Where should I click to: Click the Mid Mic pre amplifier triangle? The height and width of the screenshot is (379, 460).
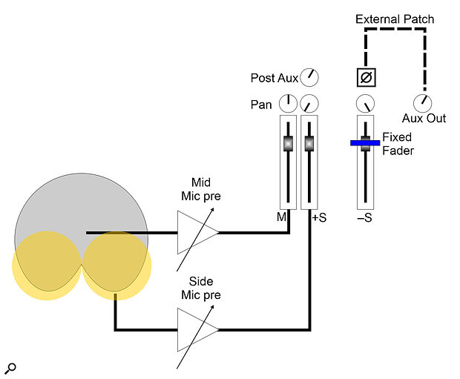[x=195, y=233]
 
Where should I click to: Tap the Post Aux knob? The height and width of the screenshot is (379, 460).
[x=309, y=76]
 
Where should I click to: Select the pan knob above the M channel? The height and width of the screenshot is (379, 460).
[x=288, y=104]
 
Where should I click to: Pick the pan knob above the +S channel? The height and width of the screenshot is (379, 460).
[x=309, y=104]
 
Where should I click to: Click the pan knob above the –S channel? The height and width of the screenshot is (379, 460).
[x=365, y=104]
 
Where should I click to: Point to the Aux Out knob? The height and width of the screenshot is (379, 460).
[x=422, y=102]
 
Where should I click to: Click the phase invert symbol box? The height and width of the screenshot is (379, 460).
[x=365, y=76]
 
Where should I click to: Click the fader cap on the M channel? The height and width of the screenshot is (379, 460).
[x=288, y=143]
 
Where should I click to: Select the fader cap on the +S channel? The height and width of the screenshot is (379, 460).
[x=309, y=143]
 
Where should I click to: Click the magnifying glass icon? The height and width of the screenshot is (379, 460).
[x=10, y=369]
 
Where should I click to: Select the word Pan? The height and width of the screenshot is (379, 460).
[x=261, y=105]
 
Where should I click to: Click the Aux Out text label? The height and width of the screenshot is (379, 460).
[x=424, y=119]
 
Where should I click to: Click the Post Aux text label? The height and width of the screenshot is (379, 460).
[x=275, y=77]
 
